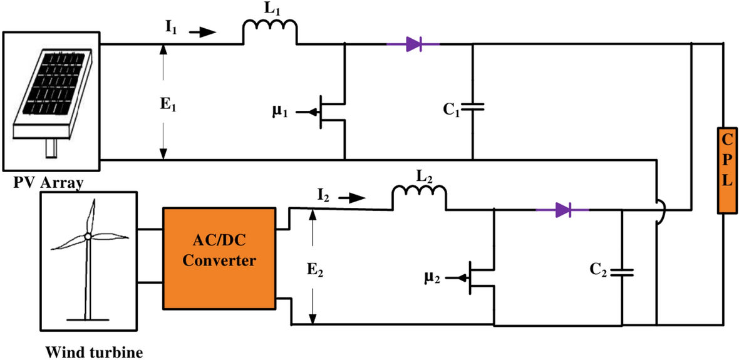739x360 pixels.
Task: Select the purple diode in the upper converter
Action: pyautogui.click(x=413, y=44)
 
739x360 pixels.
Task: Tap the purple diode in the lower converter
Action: pyautogui.click(x=562, y=210)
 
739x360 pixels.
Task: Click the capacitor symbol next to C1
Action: pyautogui.click(x=472, y=106)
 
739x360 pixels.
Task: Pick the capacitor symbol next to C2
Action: pyautogui.click(x=622, y=272)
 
